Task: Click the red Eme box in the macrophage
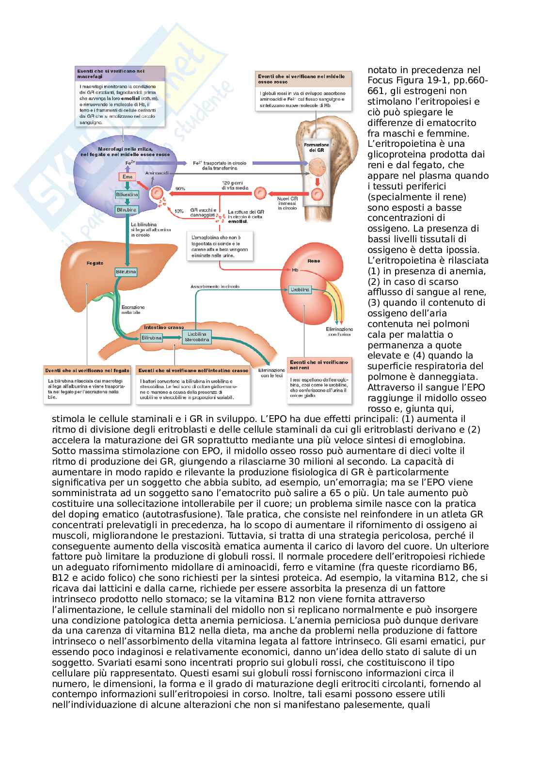pyautogui.click(x=126, y=177)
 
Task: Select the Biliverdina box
pyautogui.click(x=127, y=194)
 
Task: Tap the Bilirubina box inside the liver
pyautogui.click(x=126, y=272)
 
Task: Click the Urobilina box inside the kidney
pyautogui.click(x=299, y=290)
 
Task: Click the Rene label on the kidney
pyautogui.click(x=314, y=261)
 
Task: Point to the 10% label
pyautogui.click(x=179, y=211)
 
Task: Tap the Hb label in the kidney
pyautogui.click(x=295, y=270)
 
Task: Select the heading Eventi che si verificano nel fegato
pyautogui.click(x=87, y=370)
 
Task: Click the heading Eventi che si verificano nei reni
pyautogui.click(x=319, y=364)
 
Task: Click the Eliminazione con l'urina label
pyautogui.click(x=339, y=331)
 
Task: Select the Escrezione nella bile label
pyautogui.click(x=133, y=309)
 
